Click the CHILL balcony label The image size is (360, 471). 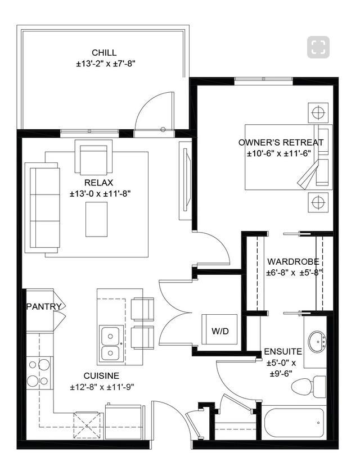[x=105, y=53]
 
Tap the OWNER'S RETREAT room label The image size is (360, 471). [x=281, y=142]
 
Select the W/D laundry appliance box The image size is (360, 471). [x=220, y=330]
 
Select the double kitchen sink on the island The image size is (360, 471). [x=111, y=343]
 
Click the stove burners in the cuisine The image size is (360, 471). [x=38, y=372]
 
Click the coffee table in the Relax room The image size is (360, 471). [x=96, y=219]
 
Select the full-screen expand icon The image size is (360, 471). [x=318, y=47]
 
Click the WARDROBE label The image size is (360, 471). [x=292, y=261]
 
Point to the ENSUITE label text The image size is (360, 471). [x=283, y=352]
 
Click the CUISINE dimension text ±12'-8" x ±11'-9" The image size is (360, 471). [x=102, y=387]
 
